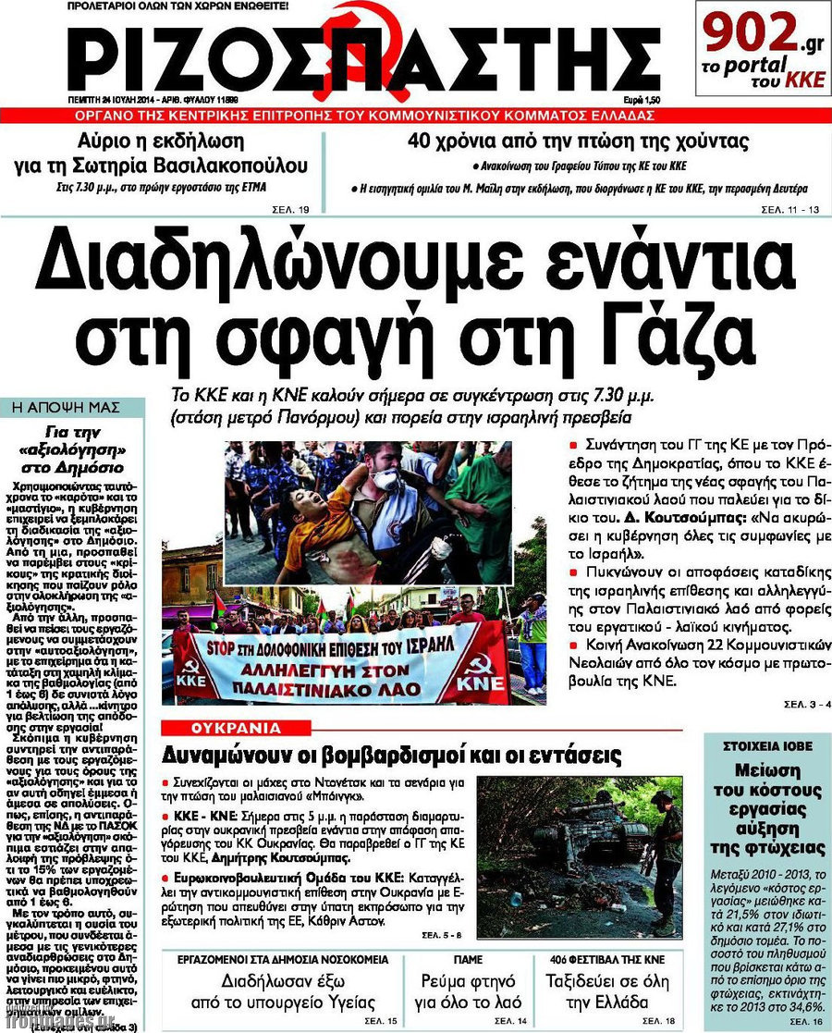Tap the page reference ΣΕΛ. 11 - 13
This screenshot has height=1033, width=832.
789,211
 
